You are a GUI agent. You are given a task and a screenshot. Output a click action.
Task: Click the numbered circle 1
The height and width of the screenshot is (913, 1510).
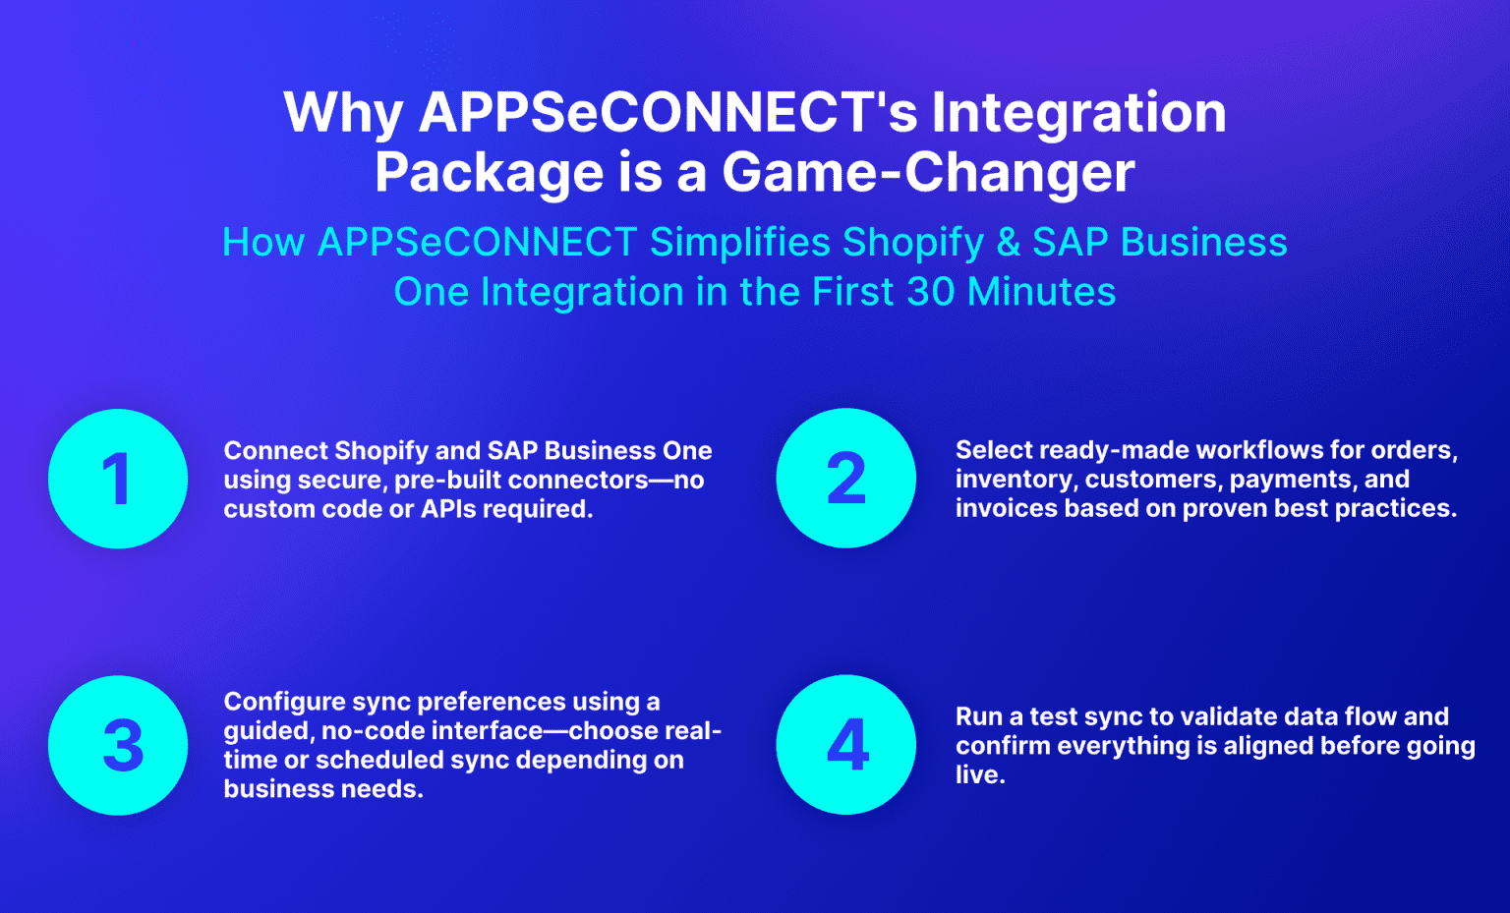pos(118,479)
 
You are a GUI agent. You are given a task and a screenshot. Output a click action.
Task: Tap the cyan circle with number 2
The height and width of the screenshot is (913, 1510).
pos(845,479)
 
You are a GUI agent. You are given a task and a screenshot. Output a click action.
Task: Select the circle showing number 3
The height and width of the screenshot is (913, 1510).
pos(118,745)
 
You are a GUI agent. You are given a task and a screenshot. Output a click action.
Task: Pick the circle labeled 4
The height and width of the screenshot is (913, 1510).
pos(845,745)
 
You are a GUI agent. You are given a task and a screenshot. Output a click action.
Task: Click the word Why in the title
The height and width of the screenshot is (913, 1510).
pos(343,113)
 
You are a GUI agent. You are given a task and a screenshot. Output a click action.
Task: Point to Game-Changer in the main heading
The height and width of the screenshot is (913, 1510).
pos(928,172)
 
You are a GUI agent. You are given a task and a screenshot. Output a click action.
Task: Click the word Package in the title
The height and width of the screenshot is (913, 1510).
pos(489,174)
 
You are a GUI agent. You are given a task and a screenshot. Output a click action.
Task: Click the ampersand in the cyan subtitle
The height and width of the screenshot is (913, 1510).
pos(1008,243)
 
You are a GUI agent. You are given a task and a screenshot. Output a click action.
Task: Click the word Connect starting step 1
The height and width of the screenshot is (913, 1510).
pos(275,451)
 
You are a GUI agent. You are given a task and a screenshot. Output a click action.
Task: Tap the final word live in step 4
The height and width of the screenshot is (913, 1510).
pos(979,774)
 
